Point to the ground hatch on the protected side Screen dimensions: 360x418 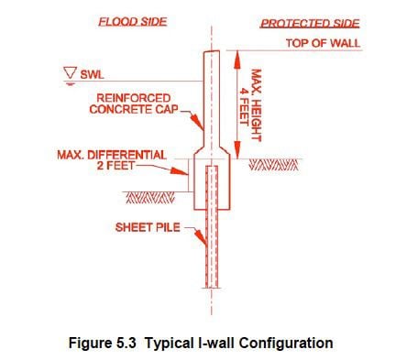tap(274, 166)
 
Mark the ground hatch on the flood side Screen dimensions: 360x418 tap(146, 196)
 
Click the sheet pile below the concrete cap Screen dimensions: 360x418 tap(213, 256)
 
